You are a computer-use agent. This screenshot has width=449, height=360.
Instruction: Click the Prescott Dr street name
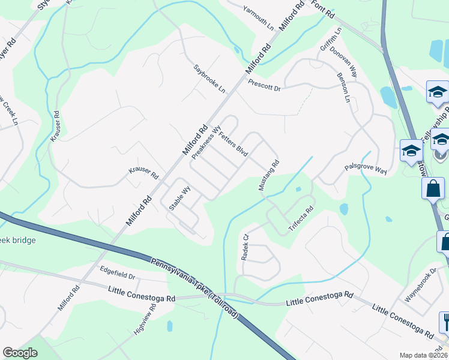264,85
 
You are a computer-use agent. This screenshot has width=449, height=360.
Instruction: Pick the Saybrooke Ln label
209,79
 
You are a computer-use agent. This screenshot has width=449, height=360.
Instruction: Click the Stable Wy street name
179,197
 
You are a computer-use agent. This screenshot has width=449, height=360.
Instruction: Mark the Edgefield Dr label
118,273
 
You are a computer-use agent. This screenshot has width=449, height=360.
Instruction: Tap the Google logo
20,353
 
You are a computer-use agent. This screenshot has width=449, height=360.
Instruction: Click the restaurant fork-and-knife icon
445,322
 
